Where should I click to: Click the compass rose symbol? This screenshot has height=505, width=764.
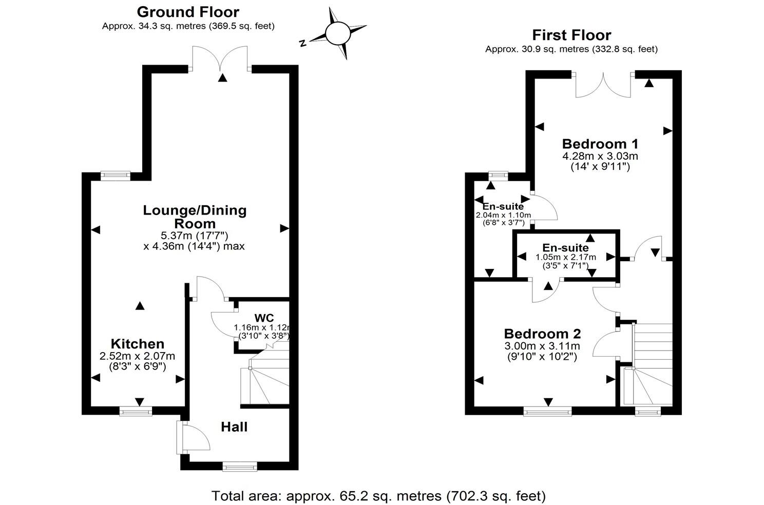(337, 33)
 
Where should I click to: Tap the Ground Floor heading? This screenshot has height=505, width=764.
(188, 12)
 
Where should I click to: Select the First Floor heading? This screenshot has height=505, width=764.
(571, 35)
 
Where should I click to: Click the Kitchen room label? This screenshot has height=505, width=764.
(138, 343)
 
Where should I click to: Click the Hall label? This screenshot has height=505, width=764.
(234, 426)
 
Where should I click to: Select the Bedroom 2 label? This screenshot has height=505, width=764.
(542, 334)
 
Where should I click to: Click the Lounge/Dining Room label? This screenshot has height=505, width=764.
(195, 217)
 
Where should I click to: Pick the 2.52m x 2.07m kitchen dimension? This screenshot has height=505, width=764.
(138, 356)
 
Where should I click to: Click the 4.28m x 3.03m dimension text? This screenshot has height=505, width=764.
(600, 156)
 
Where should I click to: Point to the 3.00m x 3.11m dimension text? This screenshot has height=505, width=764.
(542, 346)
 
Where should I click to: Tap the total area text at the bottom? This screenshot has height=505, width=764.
(378, 496)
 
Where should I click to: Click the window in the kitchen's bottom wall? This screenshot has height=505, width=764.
(136, 411)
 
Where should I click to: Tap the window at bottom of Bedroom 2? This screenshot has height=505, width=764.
(547, 411)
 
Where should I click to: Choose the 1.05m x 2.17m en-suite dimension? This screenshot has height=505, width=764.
(566, 257)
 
